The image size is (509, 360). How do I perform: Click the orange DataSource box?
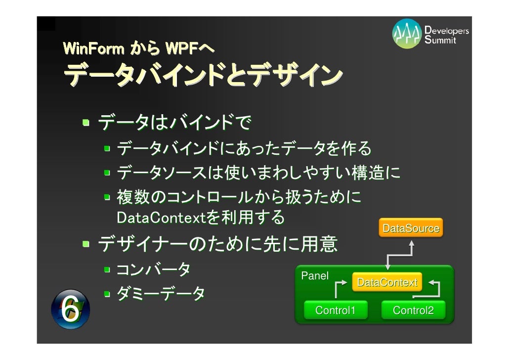[411, 228]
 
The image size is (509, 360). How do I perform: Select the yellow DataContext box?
[387, 282]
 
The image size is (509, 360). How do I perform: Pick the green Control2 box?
[413, 311]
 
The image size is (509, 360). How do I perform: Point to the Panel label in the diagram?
[314, 276]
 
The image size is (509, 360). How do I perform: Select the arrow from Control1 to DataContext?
[339, 288]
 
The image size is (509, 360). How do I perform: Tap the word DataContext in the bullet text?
[157, 217]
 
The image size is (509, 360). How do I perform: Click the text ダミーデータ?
[161, 295]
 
